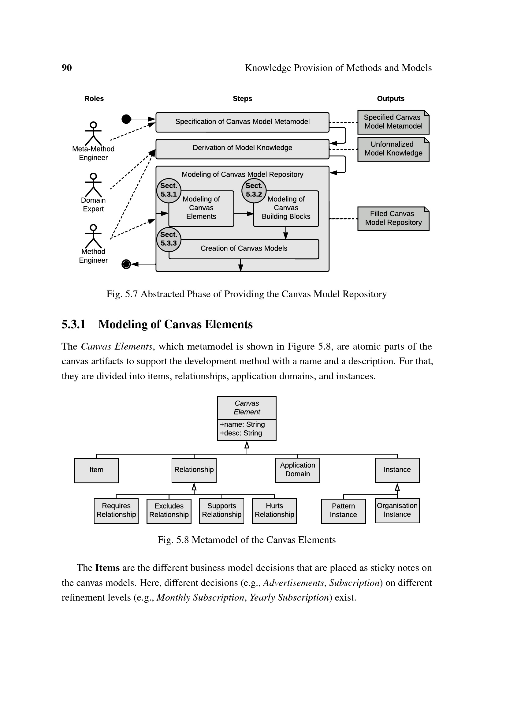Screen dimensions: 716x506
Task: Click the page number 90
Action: pos(67,68)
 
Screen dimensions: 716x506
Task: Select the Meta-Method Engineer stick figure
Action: pos(93,133)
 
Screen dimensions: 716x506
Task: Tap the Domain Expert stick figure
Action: pos(93,185)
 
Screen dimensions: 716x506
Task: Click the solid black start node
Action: pos(126,119)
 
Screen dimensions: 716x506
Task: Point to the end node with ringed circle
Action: pos(126,264)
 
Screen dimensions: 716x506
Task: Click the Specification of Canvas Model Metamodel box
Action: pos(242,122)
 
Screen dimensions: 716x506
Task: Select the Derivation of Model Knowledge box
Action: pos(242,148)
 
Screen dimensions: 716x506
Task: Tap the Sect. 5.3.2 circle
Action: pos(254,190)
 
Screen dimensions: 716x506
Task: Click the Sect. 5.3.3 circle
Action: pos(169,239)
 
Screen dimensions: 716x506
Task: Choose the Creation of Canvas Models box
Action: pos(244,249)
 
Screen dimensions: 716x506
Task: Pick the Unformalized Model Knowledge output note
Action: pos(393,149)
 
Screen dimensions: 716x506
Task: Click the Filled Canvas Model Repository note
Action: pos(393,218)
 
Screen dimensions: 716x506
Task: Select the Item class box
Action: pos(96,470)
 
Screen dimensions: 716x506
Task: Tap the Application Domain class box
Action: pos(298,470)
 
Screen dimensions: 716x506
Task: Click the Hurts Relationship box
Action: pos(274,511)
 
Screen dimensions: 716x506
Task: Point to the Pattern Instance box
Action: pos(343,511)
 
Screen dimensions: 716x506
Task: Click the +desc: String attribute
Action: pos(241,433)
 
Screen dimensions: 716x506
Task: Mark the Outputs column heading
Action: pos(390,99)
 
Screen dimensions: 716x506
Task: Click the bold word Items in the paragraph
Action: pos(107,568)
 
